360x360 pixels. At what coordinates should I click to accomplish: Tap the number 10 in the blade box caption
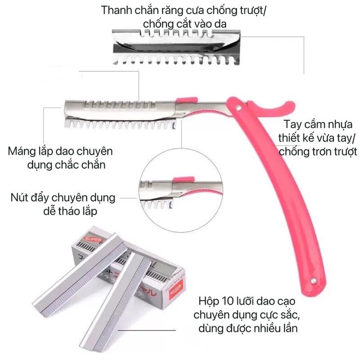tap(231, 301)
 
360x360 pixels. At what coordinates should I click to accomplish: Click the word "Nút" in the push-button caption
tap(21, 198)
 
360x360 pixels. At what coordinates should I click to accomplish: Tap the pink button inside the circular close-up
tap(184, 180)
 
